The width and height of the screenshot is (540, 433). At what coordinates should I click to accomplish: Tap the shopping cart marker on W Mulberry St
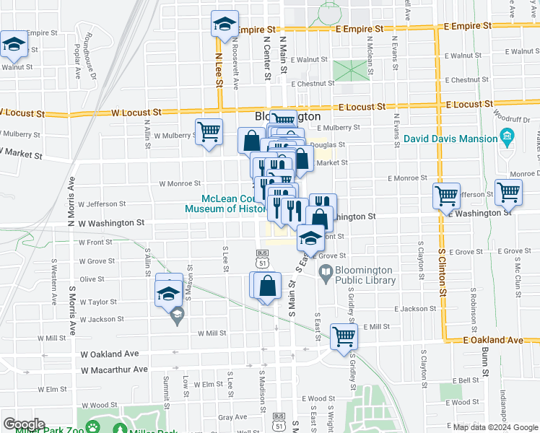[x=209, y=132]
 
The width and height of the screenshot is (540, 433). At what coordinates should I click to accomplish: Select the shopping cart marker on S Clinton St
[x=447, y=194]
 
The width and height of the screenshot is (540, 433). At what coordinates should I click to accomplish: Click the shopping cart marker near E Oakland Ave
[x=344, y=336]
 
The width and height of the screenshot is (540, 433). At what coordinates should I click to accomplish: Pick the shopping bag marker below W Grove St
[x=267, y=285]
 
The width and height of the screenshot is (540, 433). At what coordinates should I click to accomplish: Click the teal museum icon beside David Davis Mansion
[x=507, y=137]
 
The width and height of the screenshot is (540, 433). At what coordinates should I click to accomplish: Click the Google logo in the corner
[x=24, y=424]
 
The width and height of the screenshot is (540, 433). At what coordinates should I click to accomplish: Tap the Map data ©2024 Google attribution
[x=495, y=427]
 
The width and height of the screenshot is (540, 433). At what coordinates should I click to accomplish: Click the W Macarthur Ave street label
[x=114, y=370]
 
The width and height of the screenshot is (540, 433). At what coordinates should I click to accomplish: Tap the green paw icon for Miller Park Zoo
[x=93, y=427]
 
